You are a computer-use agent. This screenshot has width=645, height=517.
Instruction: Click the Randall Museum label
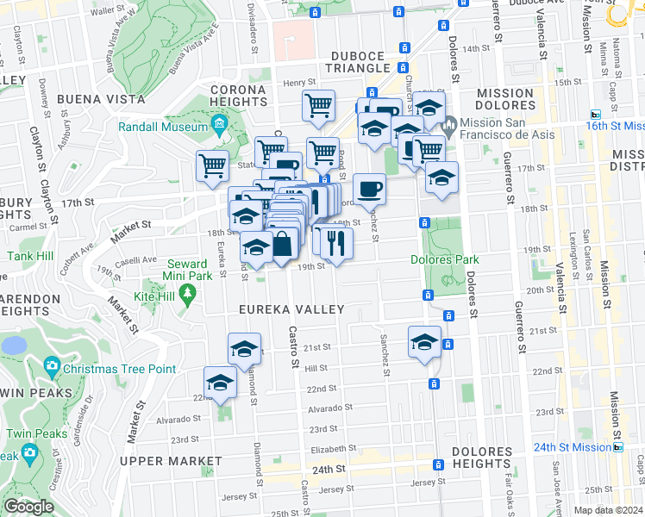[163, 128]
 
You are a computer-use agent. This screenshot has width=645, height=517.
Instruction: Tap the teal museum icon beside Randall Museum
[220, 128]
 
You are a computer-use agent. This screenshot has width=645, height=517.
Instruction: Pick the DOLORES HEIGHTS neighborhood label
[482, 458]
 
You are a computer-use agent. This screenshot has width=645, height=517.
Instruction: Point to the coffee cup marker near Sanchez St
[369, 187]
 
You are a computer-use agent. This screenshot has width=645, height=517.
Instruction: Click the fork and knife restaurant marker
[336, 240]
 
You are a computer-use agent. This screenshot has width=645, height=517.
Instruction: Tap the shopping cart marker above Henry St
[318, 104]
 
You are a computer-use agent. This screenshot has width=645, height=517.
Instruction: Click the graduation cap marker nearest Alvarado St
[220, 382]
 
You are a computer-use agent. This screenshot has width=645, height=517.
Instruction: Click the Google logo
[28, 507]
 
